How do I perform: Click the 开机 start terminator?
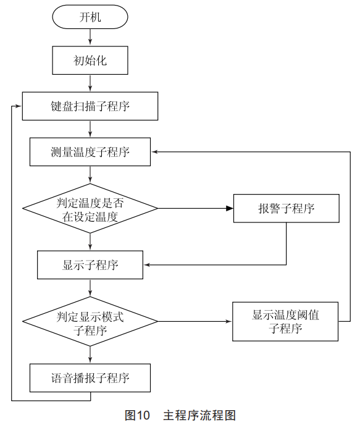point(90,17)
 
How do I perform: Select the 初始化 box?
point(90,60)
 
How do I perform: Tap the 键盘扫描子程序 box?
point(90,106)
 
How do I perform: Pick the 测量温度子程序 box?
point(90,152)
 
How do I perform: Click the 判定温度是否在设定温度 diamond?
point(90,208)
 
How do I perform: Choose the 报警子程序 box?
point(287,208)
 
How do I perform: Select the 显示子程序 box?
point(90,265)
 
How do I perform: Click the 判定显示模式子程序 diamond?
point(90,321)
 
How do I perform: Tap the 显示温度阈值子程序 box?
point(285,321)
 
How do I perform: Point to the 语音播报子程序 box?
point(90,378)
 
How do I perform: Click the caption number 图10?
point(137,415)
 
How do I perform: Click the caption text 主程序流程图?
point(199,415)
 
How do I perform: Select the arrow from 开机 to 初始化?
point(90,36)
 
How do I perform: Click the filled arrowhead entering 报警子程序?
point(230,208)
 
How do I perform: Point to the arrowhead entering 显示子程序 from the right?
point(147,265)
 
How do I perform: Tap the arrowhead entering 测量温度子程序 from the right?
point(154,152)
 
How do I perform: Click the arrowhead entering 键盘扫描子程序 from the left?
point(19,106)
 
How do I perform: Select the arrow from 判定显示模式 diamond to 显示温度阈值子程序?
point(195,321)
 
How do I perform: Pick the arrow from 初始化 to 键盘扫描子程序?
point(90,83)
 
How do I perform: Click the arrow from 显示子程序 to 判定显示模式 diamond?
point(90,288)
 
